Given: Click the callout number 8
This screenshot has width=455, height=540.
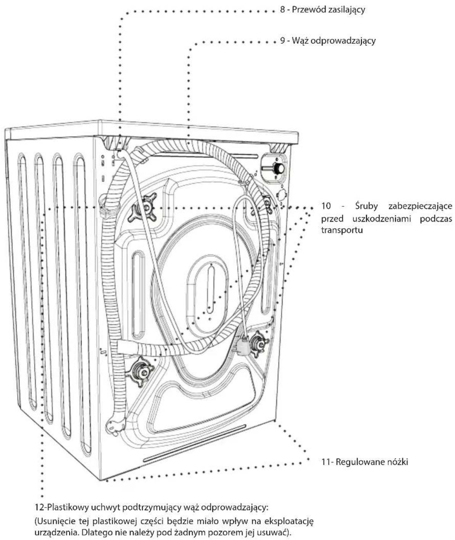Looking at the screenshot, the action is (283, 10).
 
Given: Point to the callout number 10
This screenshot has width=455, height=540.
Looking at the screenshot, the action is (326, 206).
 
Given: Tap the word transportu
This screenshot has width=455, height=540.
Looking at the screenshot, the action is (342, 230).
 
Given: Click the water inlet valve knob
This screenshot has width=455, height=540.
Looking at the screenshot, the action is (278, 168).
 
